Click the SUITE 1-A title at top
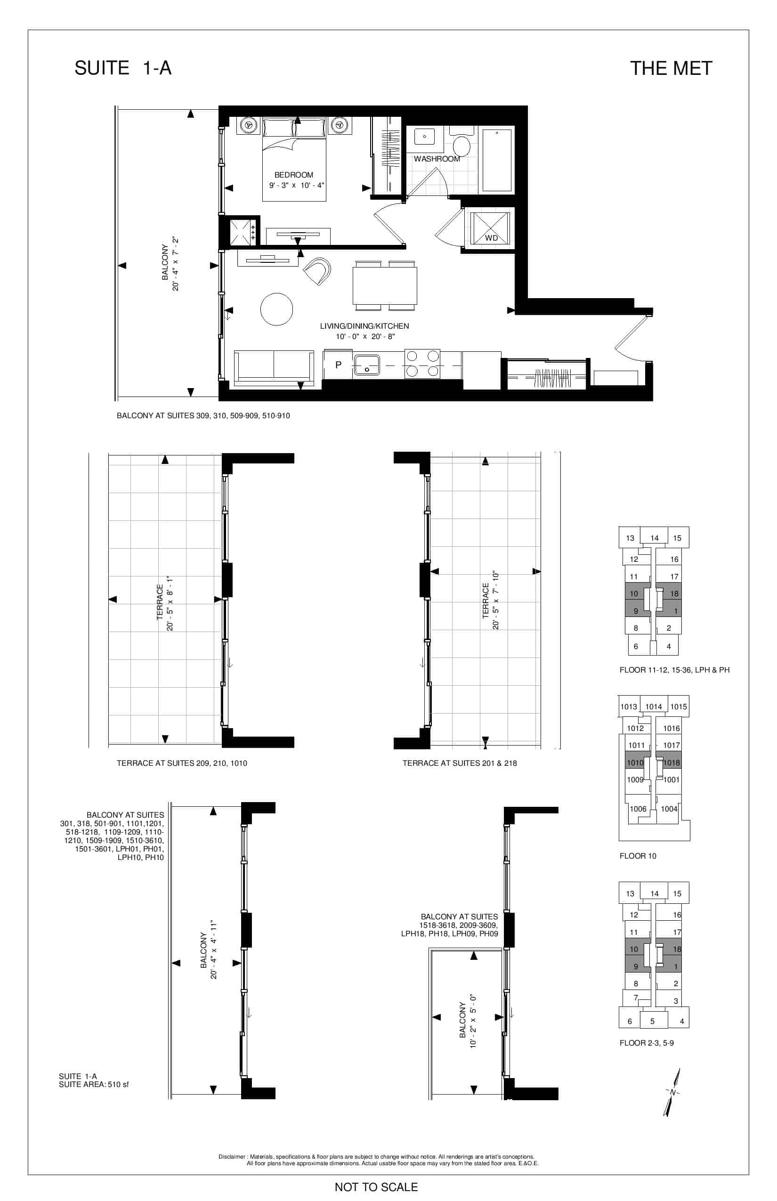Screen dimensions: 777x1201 (x=123, y=68)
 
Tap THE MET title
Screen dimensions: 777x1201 (x=671, y=69)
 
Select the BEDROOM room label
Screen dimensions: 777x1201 (x=294, y=175)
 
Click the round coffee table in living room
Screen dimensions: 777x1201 (x=276, y=309)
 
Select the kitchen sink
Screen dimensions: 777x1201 (x=367, y=365)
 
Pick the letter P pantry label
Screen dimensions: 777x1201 (x=339, y=365)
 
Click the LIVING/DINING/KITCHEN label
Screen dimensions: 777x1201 (x=364, y=326)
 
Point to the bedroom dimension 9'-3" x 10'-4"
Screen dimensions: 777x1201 (x=297, y=185)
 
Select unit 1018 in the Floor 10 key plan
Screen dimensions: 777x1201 (x=672, y=763)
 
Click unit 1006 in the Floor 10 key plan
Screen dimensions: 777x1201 (x=638, y=809)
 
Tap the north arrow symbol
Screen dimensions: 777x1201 (x=672, y=1093)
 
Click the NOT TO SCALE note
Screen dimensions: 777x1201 (x=376, y=1187)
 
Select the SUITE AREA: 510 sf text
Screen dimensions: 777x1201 (x=94, y=1084)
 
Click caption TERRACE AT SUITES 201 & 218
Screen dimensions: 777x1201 (x=460, y=763)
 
